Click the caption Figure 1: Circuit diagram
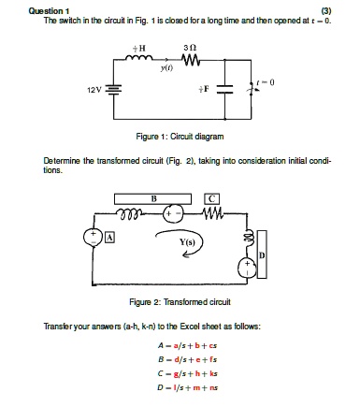189,135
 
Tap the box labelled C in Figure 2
215,199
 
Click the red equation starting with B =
189,357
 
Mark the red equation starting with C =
189,371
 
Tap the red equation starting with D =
189,385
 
